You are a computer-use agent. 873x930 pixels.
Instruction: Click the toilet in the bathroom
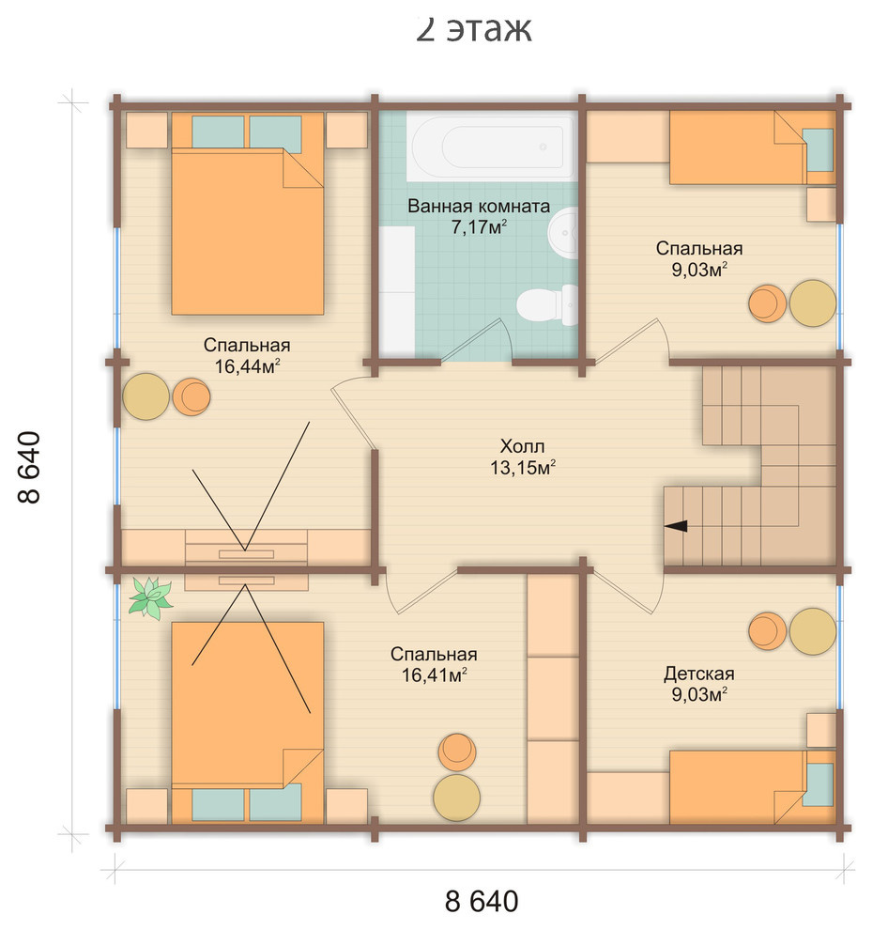click(x=547, y=305)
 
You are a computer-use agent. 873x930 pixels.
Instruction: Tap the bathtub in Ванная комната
click(x=491, y=147)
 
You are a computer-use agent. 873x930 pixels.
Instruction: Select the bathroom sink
click(x=563, y=233)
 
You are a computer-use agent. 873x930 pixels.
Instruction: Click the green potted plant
click(x=150, y=598)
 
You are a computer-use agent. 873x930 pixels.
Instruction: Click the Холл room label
click(x=522, y=446)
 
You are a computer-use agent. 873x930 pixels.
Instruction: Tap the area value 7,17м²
click(x=479, y=226)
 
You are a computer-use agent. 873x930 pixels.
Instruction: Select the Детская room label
click(x=698, y=674)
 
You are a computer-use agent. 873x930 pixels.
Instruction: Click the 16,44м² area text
click(x=247, y=366)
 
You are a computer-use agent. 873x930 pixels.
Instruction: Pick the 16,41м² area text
click(x=434, y=675)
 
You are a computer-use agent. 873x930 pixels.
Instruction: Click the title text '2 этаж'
click(x=473, y=28)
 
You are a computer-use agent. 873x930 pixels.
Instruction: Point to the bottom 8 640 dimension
click(x=482, y=901)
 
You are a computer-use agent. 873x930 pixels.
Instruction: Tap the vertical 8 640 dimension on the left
click(x=29, y=467)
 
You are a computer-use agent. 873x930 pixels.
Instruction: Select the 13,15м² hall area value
click(x=522, y=468)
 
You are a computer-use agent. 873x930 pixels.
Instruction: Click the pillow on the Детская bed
click(x=818, y=784)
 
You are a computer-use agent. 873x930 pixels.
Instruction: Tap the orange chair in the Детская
click(x=768, y=631)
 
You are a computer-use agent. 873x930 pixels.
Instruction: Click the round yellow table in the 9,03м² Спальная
click(x=813, y=303)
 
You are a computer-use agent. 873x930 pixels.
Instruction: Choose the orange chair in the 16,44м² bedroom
click(x=191, y=396)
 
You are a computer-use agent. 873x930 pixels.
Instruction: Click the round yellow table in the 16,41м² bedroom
click(x=456, y=798)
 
